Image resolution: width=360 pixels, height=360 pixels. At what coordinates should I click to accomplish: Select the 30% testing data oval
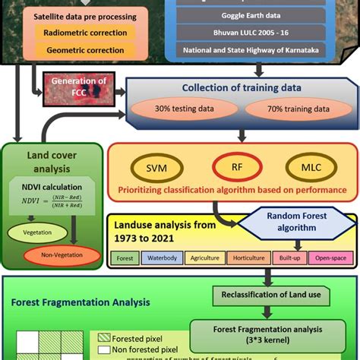183,109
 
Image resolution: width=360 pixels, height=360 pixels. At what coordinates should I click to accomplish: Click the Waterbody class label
162,258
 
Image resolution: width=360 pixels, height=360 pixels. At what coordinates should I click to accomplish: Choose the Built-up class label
289,258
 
